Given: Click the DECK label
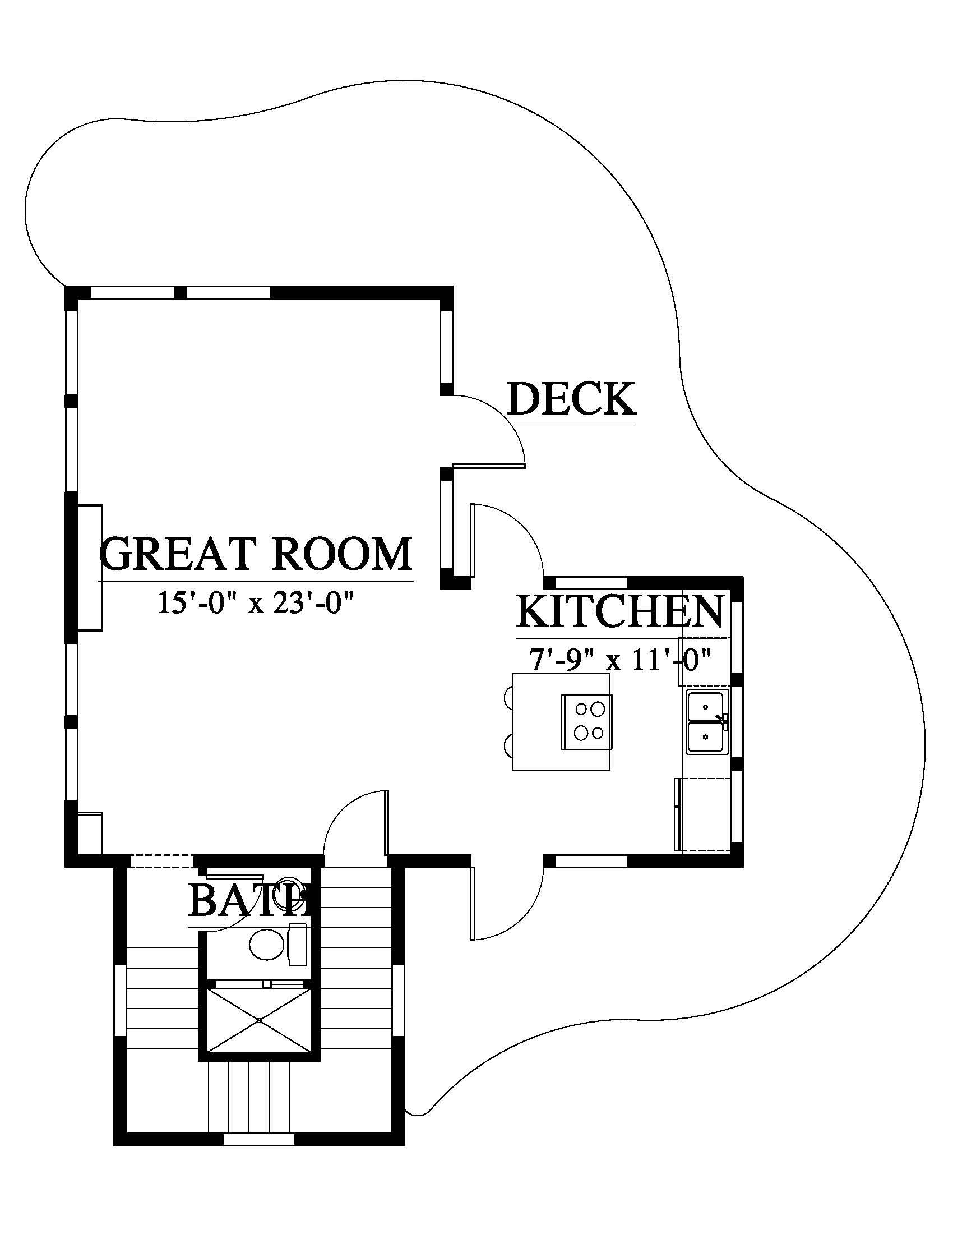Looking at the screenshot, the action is [x=571, y=399].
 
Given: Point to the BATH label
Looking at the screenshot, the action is [x=249, y=900].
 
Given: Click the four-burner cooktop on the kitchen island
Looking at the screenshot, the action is [x=587, y=722].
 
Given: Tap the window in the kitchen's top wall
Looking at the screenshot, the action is [x=591, y=583].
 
